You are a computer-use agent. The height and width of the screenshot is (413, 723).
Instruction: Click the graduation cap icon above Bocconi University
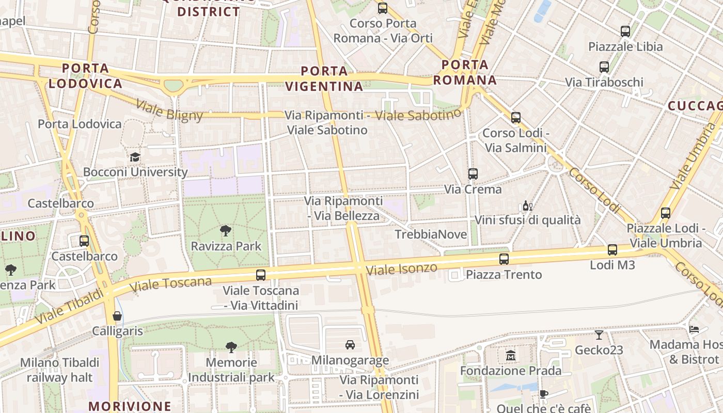pyautogui.click(x=135, y=157)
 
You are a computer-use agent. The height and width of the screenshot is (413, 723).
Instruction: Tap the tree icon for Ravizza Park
pyautogui.click(x=225, y=231)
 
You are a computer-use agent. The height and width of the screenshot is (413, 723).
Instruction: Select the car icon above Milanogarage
pyautogui.click(x=350, y=345)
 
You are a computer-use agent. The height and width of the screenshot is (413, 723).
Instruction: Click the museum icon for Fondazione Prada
pyautogui.click(x=511, y=355)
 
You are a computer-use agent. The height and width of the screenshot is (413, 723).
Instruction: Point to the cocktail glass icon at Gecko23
pyautogui.click(x=599, y=335)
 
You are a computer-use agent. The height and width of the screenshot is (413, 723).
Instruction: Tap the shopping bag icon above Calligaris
pyautogui.click(x=117, y=316)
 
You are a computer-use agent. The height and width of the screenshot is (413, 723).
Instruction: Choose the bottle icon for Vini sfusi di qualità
pyautogui.click(x=527, y=206)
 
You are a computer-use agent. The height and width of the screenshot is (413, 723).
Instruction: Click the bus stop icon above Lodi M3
pyautogui.click(x=612, y=250)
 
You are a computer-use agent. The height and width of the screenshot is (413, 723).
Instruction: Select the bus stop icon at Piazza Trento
pyautogui.click(x=504, y=259)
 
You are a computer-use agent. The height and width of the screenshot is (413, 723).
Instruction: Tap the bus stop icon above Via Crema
pyautogui.click(x=473, y=174)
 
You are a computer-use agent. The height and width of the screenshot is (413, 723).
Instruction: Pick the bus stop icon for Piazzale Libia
pyautogui.click(x=625, y=31)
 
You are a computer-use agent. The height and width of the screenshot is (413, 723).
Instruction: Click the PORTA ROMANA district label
pyautogui.click(x=465, y=72)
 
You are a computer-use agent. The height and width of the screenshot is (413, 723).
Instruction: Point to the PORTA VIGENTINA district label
pyautogui.click(x=324, y=78)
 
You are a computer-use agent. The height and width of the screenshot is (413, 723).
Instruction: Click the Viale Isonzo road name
pyautogui.click(x=401, y=268)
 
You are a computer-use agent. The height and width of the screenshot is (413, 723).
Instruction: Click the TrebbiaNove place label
pyautogui.click(x=431, y=234)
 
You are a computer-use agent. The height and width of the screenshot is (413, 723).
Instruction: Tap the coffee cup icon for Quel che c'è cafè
pyautogui.click(x=543, y=394)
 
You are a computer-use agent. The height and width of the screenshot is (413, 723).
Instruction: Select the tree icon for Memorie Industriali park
pyautogui.click(x=231, y=347)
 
